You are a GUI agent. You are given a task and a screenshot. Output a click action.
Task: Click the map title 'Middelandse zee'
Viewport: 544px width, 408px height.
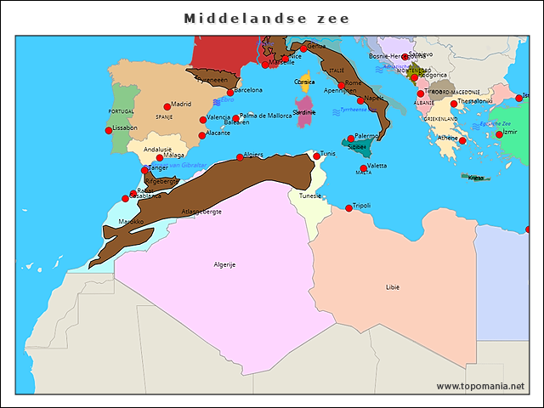click(267, 18)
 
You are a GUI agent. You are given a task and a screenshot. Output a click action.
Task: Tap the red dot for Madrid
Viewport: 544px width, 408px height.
click(167, 105)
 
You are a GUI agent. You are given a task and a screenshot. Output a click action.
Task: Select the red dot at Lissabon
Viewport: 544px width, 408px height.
click(109, 130)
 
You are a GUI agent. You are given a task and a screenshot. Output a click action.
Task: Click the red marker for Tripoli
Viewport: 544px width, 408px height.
click(348, 208)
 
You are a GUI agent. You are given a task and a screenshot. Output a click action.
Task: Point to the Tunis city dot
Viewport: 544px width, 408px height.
click(316, 156)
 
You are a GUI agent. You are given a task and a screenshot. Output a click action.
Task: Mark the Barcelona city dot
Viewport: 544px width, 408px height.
click(229, 91)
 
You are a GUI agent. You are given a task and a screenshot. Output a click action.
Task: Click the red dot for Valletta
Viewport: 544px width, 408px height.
click(364, 167)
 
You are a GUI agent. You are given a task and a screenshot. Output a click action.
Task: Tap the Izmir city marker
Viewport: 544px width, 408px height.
click(499, 134)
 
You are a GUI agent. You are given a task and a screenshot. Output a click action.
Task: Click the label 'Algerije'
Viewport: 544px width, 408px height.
click(224, 264)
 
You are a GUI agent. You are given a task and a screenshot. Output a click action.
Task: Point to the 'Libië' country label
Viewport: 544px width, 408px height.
click(392, 287)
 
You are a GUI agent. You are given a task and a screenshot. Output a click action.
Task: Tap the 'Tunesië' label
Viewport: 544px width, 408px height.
click(310, 195)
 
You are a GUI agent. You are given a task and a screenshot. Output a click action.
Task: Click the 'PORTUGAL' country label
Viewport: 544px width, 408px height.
click(122, 111)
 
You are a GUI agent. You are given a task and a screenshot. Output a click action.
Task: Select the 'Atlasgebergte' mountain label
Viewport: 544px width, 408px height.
click(201, 211)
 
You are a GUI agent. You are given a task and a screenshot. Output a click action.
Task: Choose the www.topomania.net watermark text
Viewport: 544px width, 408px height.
click(480, 386)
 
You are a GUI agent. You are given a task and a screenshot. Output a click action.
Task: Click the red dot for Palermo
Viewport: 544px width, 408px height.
click(351, 139)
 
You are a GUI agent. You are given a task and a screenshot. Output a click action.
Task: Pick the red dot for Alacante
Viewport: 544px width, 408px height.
click(201, 135)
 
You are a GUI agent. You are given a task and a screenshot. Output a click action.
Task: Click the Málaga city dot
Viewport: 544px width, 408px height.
click(160, 157)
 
